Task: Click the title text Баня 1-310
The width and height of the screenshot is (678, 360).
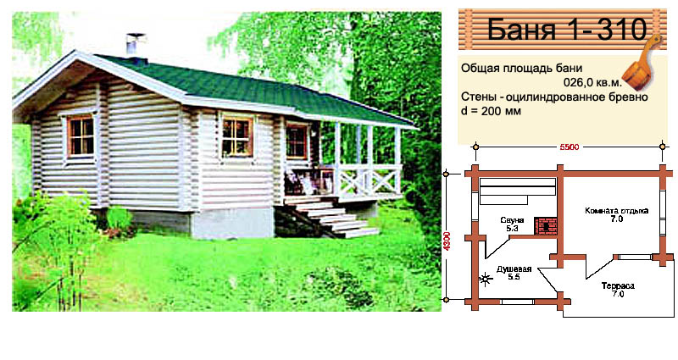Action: pyautogui.click(x=567, y=29)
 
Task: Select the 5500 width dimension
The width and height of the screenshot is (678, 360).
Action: pyautogui.click(x=569, y=147)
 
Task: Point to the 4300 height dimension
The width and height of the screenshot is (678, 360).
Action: pyautogui.click(x=447, y=241)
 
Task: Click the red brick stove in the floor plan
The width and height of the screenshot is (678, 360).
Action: pyautogui.click(x=546, y=225)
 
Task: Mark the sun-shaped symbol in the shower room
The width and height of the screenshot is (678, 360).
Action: pyautogui.click(x=486, y=280)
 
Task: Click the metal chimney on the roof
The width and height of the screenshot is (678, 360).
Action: pyautogui.click(x=135, y=46)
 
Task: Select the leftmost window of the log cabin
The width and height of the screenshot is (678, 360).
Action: pyautogui.click(x=81, y=136)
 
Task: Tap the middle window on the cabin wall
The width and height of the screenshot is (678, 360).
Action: pyautogui.click(x=236, y=136)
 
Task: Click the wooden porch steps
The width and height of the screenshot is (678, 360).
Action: pyautogui.click(x=329, y=218)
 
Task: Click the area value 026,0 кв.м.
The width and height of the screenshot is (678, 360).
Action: pyautogui.click(x=592, y=82)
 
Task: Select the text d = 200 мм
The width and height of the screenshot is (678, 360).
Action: pyautogui.click(x=491, y=111)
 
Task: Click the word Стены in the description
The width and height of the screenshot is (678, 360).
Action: pyautogui.click(x=477, y=97)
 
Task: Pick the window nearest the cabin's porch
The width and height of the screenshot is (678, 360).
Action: pyautogui.click(x=297, y=141)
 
